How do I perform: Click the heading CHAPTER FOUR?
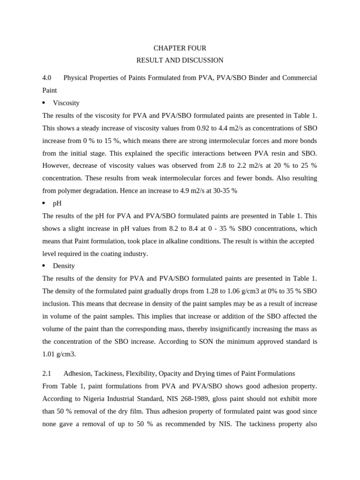[180, 48]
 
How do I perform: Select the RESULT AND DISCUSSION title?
[180, 60]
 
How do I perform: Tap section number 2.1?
[46, 373]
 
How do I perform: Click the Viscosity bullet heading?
[66, 103]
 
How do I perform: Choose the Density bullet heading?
[64, 266]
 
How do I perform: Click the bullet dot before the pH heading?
[44, 203]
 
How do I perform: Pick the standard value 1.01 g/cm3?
[59, 354]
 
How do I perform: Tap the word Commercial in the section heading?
[298, 77]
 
